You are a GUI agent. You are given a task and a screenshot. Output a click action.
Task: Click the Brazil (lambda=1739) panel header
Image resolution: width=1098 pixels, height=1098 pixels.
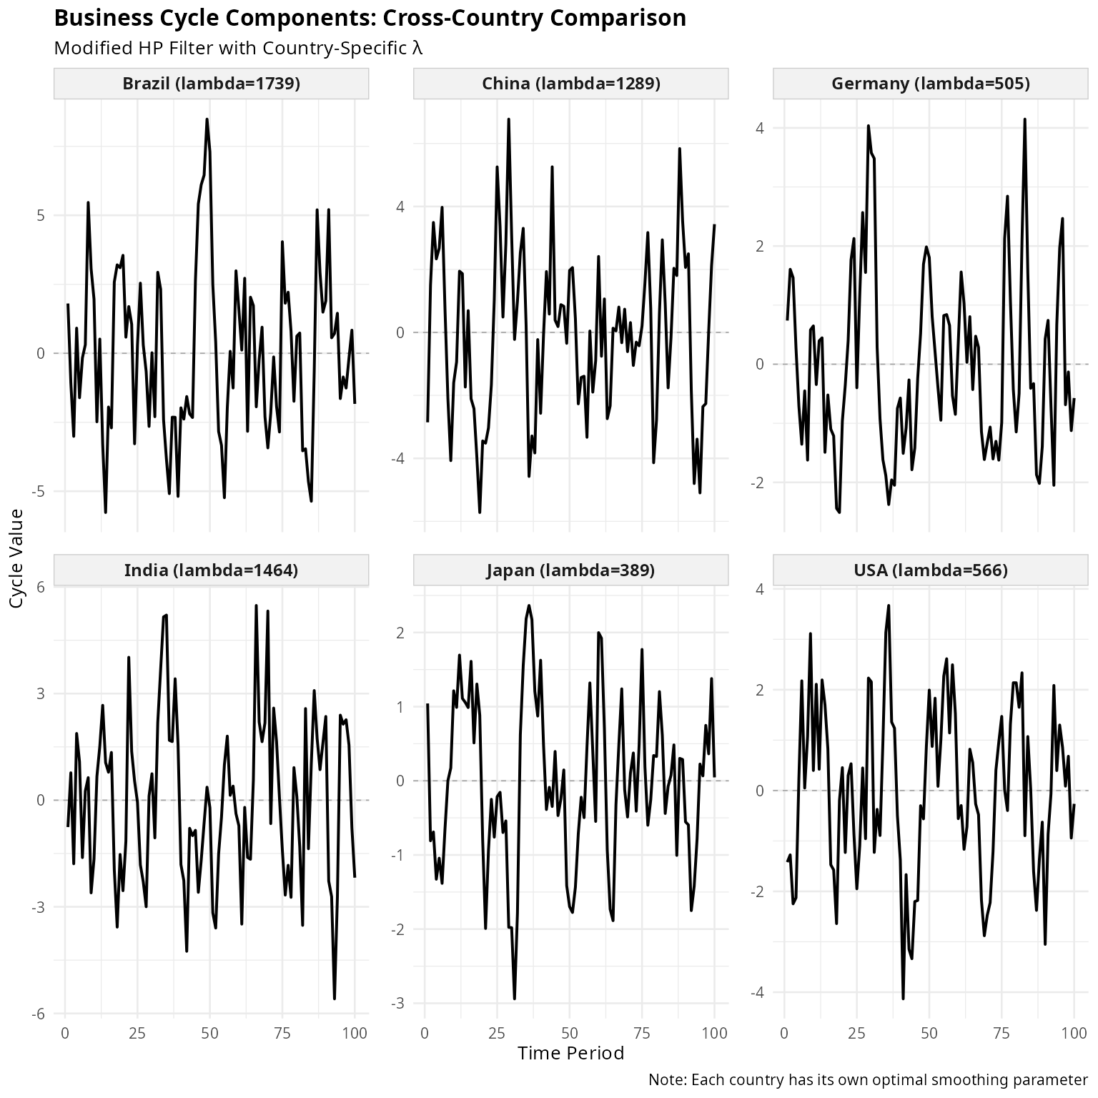click(x=211, y=84)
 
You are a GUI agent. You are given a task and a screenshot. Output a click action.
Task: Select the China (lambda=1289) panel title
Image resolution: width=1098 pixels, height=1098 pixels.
click(x=570, y=84)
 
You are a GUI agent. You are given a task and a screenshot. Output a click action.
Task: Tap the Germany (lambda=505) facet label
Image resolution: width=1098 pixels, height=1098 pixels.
click(x=930, y=84)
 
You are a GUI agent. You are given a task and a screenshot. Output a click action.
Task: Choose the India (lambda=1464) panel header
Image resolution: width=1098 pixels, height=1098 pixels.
click(x=211, y=570)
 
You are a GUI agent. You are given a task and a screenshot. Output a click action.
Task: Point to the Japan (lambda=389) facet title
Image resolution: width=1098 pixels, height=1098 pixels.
click(x=570, y=570)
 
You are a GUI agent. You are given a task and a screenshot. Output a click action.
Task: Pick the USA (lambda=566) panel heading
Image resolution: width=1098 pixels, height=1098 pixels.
click(x=930, y=570)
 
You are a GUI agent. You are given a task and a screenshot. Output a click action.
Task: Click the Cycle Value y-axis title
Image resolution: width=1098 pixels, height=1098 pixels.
click(x=17, y=558)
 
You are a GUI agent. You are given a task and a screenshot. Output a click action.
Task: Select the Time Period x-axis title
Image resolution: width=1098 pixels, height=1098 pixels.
click(x=570, y=1053)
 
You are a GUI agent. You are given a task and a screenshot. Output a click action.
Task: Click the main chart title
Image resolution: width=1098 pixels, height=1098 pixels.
click(x=370, y=18)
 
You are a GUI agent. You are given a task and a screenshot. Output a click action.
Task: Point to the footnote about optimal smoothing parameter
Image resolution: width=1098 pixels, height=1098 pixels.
click(x=867, y=1079)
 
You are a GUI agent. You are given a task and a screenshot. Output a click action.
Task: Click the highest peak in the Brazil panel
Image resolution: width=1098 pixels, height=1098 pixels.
click(x=207, y=119)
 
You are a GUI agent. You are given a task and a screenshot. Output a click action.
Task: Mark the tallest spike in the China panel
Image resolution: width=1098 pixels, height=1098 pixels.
click(x=508, y=119)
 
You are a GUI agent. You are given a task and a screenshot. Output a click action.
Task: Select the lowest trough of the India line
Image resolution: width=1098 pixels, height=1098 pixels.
click(x=334, y=999)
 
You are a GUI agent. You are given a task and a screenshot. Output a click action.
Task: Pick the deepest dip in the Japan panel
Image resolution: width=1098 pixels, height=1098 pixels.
click(x=515, y=999)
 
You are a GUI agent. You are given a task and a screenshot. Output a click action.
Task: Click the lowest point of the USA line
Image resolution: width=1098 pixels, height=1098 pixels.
click(x=903, y=999)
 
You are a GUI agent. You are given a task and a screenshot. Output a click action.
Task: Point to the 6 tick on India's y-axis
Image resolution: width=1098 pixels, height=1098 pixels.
click(x=40, y=588)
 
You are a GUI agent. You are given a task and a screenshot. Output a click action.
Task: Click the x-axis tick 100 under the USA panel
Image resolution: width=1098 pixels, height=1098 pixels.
click(x=1073, y=1033)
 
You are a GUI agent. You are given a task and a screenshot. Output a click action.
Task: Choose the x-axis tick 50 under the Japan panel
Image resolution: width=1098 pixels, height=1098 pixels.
click(x=569, y=1033)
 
